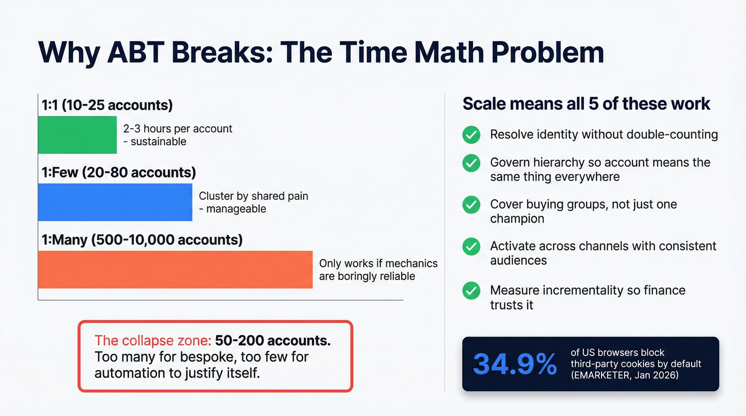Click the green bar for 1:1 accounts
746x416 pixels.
tap(77, 135)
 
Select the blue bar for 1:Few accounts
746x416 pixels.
tap(115, 202)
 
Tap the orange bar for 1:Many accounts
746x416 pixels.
tap(175, 270)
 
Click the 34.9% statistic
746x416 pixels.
tap(514, 364)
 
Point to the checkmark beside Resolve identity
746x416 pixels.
tap(471, 135)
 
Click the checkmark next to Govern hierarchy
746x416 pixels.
tap(471, 163)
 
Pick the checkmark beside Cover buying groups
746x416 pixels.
tap(471, 205)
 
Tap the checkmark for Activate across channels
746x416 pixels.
tap(471, 246)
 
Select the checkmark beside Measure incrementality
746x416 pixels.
tap(471, 291)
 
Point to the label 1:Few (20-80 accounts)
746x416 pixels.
tap(119, 173)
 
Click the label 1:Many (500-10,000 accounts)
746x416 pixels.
tap(142, 240)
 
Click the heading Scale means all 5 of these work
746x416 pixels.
tap(586, 103)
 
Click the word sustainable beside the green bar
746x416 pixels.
tap(158, 142)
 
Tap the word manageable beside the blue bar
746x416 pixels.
tap(236, 209)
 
